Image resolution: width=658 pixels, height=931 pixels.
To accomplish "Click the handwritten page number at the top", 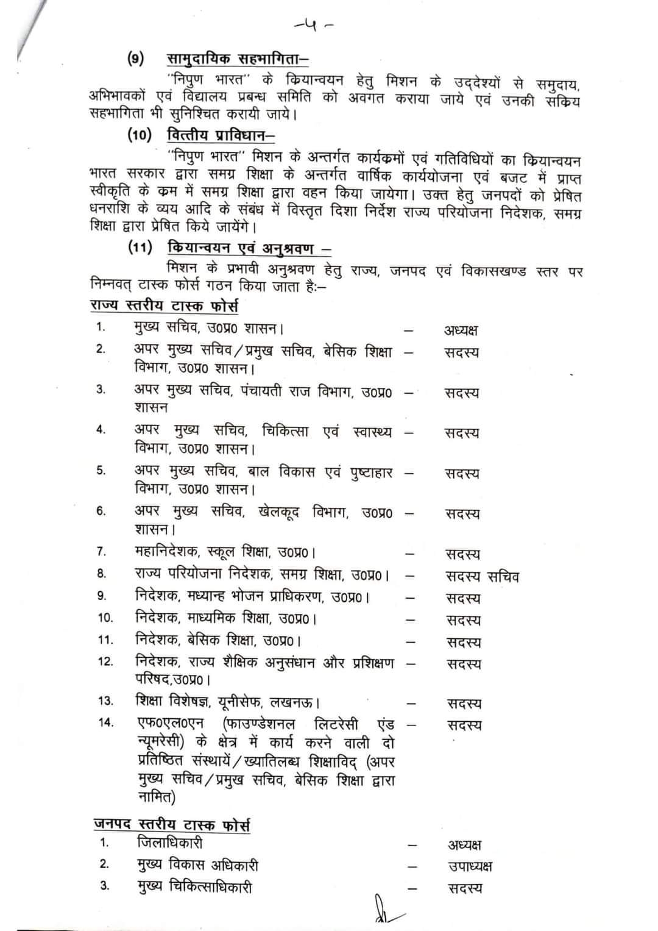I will click(x=313, y=26).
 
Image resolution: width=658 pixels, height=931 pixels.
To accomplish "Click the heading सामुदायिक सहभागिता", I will click(x=238, y=59).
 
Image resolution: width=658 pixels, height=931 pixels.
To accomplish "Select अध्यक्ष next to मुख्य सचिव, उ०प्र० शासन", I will click(x=461, y=330).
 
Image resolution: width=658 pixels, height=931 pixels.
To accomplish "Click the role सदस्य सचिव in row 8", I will click(x=482, y=576).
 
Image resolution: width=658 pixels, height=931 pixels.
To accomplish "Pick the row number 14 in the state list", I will click(x=105, y=722).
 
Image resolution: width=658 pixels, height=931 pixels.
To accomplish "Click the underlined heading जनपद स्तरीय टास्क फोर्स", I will click(x=171, y=825).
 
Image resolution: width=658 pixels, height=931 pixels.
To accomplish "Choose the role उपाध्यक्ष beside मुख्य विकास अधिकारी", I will click(x=470, y=866).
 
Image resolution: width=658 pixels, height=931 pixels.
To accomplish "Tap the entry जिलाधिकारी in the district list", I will click(x=169, y=843).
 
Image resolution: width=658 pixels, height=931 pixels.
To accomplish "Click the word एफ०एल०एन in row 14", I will click(x=173, y=724).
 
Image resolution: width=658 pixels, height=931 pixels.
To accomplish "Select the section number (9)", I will click(x=136, y=59).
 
